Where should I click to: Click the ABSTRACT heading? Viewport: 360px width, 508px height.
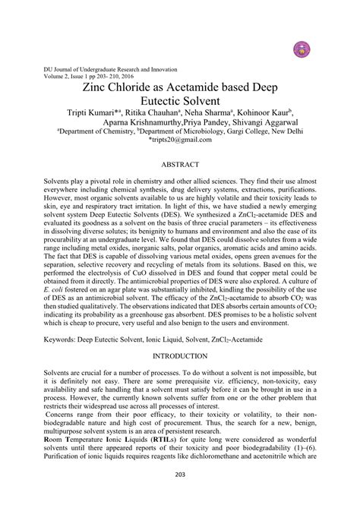(180, 163)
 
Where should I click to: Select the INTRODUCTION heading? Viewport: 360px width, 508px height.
(180, 355)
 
